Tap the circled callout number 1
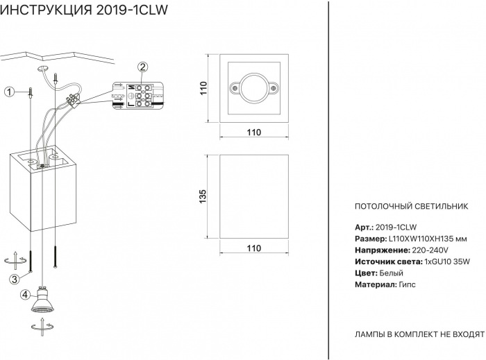[9, 92]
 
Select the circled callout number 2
[142, 67]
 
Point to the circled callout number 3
[13, 279]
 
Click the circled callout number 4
[25, 294]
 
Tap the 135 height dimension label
[203, 196]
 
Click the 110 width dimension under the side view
[253, 248]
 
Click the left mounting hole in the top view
[233, 88]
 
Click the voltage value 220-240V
[430, 250]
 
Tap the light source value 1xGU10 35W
[446, 262]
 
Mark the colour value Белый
[392, 273]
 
